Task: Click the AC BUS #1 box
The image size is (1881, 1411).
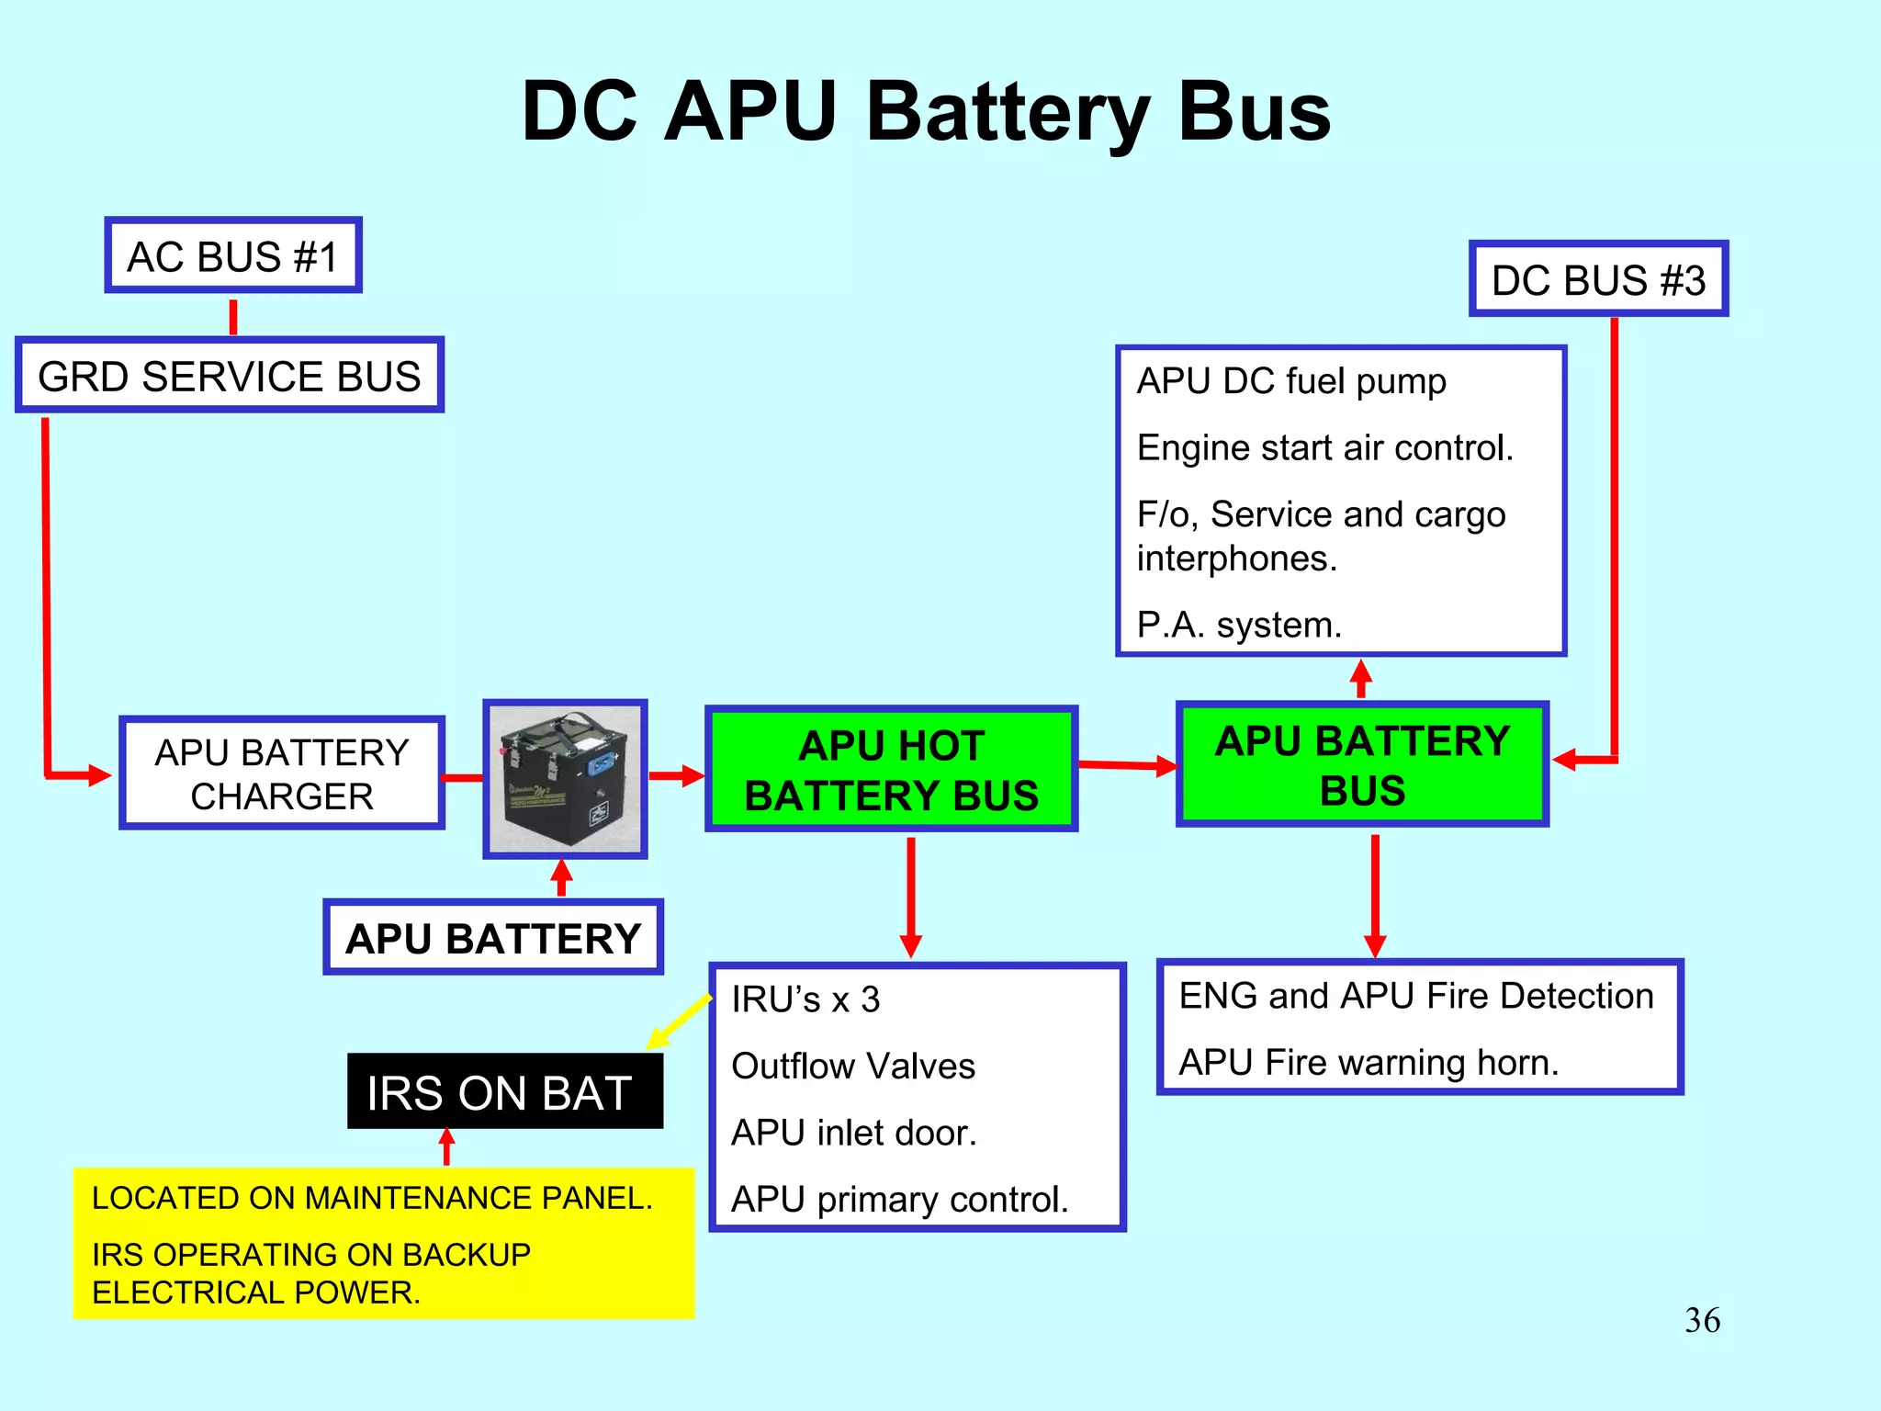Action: tap(233, 256)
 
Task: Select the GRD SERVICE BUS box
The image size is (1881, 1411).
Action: tap(230, 376)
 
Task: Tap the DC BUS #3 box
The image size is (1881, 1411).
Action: tap(1598, 279)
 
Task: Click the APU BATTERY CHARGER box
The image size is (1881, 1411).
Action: tap(282, 773)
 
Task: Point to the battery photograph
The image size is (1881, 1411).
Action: tap(566, 779)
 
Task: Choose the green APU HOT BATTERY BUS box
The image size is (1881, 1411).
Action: tap(891, 770)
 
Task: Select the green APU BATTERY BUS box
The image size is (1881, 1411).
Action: tap(1362, 765)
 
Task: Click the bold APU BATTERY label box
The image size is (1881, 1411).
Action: tap(493, 938)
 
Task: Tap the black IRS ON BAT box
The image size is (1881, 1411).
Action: tap(504, 1091)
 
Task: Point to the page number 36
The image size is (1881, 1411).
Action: tap(1702, 1320)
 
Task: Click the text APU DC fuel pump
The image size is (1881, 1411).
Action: tap(1291, 380)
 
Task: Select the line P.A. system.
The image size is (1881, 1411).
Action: tap(1239, 625)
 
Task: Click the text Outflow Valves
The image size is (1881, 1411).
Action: tap(853, 1066)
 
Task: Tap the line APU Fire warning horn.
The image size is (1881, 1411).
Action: tap(1369, 1062)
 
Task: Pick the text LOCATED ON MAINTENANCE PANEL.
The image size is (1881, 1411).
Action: tap(372, 1198)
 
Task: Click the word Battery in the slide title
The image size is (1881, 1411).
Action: tap(1007, 112)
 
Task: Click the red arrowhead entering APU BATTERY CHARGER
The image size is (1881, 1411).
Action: tap(99, 775)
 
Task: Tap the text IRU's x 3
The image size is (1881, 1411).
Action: tap(805, 999)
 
